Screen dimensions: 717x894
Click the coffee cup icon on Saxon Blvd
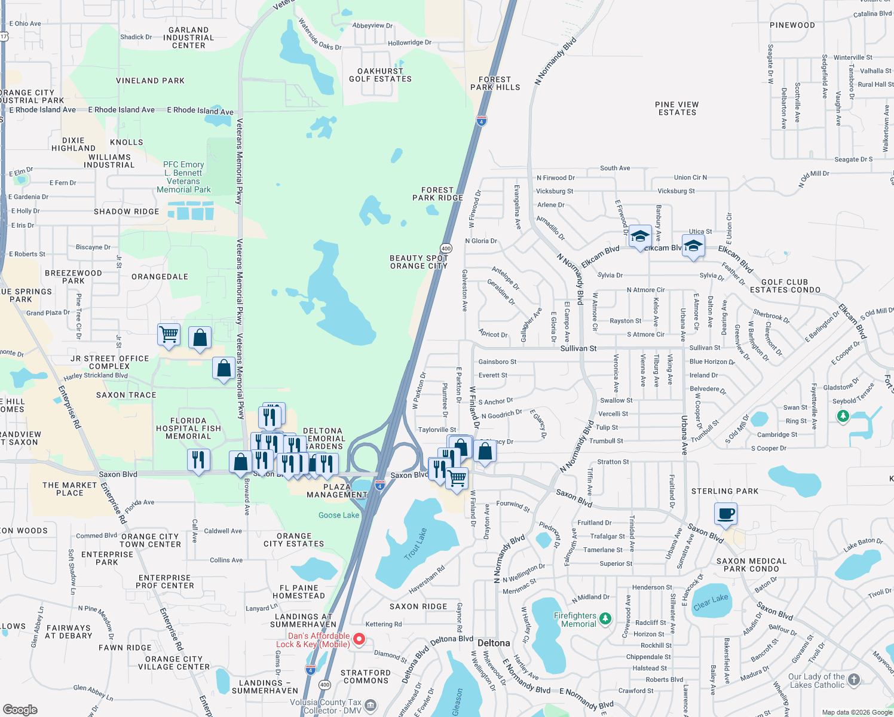(725, 514)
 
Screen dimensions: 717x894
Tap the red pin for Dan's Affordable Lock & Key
(359, 639)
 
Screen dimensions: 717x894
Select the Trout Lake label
(415, 544)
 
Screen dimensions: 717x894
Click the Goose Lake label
(339, 515)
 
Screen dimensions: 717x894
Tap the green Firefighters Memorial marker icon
(605, 618)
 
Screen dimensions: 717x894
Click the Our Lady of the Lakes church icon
(854, 679)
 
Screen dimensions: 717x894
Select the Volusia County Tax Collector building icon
(371, 706)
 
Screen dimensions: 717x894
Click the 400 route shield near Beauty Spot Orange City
(446, 248)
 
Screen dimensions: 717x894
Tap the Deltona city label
(494, 643)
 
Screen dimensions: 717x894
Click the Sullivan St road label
(578, 348)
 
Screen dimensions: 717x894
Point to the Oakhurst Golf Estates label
(380, 75)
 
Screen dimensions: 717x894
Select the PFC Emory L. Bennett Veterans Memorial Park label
(183, 177)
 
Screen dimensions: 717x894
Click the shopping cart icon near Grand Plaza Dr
(169, 335)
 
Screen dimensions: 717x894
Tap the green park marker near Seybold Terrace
(843, 415)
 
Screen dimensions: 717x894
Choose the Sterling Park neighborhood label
(724, 491)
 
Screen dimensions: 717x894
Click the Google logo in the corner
(20, 709)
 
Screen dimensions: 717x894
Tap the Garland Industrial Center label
(188, 38)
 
